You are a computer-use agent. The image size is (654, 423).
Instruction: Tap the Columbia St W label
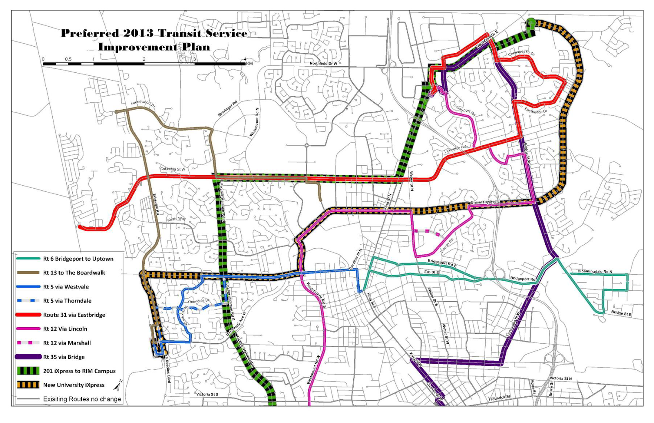coord(172,169)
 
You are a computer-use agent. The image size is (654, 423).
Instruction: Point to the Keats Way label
coord(176,219)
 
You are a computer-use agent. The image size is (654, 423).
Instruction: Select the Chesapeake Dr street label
coord(521,53)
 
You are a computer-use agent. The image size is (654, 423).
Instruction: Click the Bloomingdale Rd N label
coord(595,271)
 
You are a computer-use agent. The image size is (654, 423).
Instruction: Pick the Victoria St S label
coord(207,394)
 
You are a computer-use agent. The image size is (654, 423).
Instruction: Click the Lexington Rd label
coord(455,149)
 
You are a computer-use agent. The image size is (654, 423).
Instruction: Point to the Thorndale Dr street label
coord(198,301)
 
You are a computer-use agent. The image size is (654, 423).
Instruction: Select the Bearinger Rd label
coord(227,109)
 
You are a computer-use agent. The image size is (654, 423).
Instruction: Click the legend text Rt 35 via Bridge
coord(64,357)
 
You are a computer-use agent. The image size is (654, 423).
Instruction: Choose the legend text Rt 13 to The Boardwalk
coord(74,273)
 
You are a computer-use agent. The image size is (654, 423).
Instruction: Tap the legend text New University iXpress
coord(74,385)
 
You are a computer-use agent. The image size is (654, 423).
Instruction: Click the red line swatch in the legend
coord(28,315)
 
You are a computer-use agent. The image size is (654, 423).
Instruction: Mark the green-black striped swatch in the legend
coord(28,371)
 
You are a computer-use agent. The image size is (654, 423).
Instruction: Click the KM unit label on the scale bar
coord(249,63)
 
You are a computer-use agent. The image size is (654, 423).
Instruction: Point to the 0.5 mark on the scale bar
coord(68,59)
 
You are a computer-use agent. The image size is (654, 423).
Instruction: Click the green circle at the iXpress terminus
coord(531,22)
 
